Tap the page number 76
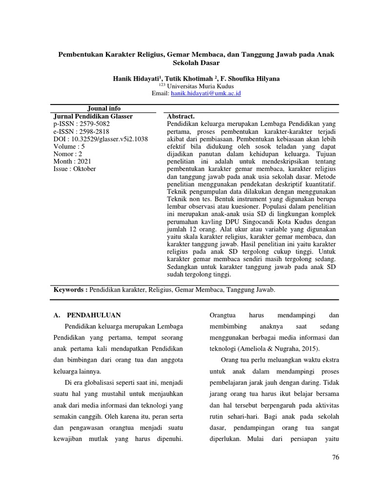click(335, 457)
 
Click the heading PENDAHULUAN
click(94, 315)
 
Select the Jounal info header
click(104, 108)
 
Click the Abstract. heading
click(181, 116)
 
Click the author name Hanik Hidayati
click(137, 79)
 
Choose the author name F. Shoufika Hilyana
click(250, 79)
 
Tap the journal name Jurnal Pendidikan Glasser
click(92, 116)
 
